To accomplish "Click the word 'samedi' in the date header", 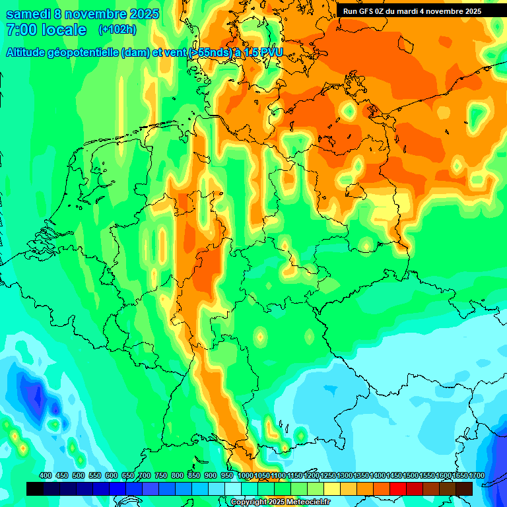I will pyautogui.click(x=28, y=14).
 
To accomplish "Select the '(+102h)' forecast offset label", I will pyautogui.click(x=118, y=30).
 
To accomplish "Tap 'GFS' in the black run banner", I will pyautogui.click(x=372, y=11).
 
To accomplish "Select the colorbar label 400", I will pyautogui.click(x=46, y=476).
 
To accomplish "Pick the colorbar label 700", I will pyautogui.click(x=145, y=476).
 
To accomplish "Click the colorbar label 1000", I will pyautogui.click(x=245, y=476).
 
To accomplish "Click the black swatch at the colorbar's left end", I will pyautogui.click(x=35, y=489).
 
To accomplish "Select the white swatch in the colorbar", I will pyautogui.click(x=233, y=489).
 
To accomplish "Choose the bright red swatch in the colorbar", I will pyautogui.click(x=398, y=489).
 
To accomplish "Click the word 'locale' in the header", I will pyautogui.click(x=64, y=30).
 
